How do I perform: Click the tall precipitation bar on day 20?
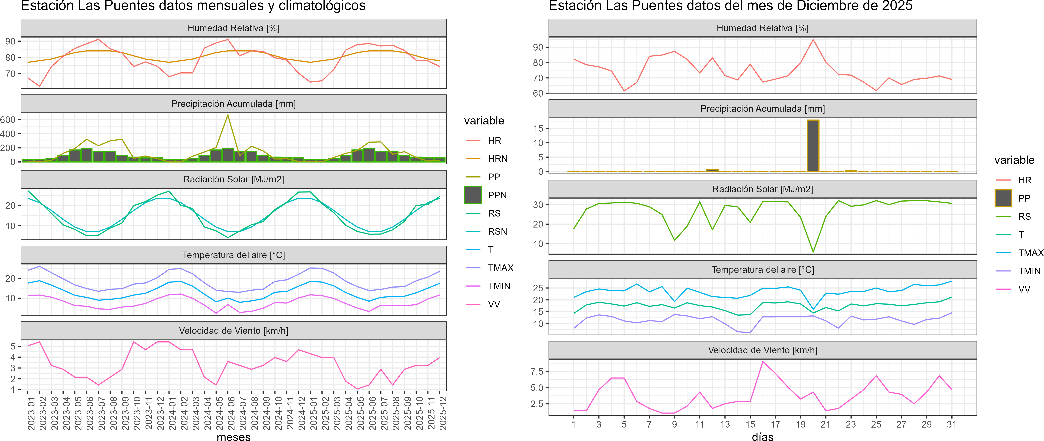click(813, 146)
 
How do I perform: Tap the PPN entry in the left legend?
click(497, 195)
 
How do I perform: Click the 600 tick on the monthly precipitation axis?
click(8, 120)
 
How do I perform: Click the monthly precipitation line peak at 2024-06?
click(228, 115)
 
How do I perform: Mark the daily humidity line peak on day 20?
click(813, 40)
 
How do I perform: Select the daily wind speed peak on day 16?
click(763, 362)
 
